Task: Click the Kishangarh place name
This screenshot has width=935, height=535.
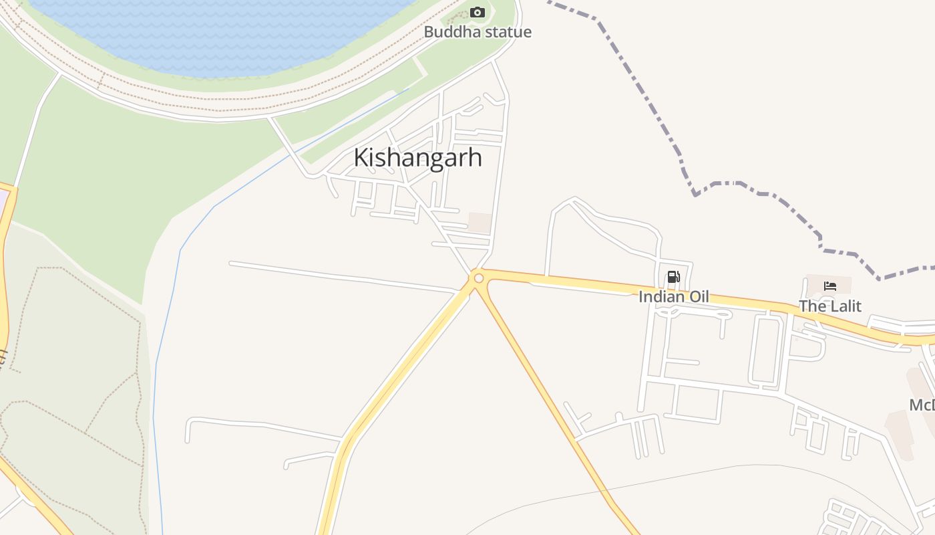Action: pos(417,158)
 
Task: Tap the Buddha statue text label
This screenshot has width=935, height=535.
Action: pos(478,32)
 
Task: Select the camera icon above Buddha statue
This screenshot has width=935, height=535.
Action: pos(477,12)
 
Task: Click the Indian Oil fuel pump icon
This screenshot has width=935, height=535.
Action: pos(673,277)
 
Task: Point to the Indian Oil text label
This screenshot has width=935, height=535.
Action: pos(673,296)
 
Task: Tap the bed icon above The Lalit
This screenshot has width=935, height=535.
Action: pos(830,286)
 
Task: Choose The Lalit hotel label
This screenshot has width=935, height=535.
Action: pos(830,306)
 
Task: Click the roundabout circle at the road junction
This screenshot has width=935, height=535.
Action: pos(478,278)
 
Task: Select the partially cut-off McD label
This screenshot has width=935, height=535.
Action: pos(922,405)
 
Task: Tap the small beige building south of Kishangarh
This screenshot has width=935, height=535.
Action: pos(480,223)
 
